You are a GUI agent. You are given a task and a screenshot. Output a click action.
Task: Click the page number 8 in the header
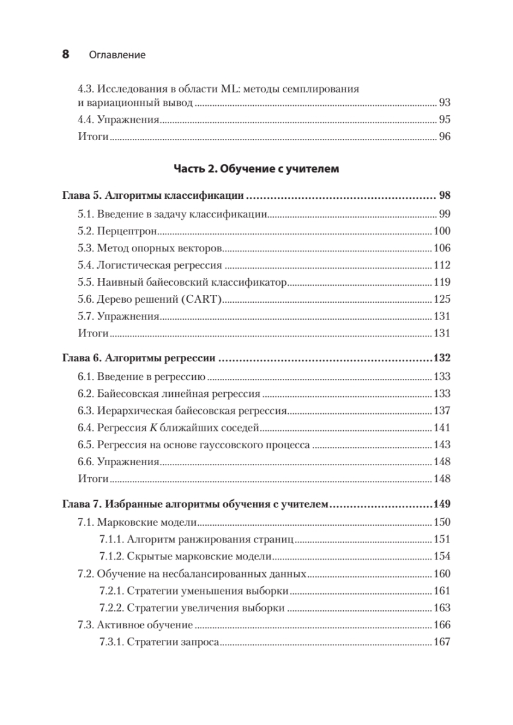[x=66, y=54]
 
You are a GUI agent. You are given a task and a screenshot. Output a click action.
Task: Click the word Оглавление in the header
[x=117, y=55]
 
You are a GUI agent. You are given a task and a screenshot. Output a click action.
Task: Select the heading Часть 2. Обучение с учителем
[x=256, y=169]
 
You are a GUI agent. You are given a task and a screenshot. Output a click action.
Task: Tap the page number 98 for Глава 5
[x=445, y=196]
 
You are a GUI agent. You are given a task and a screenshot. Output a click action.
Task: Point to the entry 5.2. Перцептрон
[x=117, y=231]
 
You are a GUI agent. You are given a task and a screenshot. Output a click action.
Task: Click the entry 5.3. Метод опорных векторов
[x=150, y=248]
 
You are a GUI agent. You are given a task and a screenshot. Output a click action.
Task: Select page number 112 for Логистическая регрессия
[x=442, y=265]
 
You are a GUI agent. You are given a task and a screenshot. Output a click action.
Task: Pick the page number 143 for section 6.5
[x=442, y=445]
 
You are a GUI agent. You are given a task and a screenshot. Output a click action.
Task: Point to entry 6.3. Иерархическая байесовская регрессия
[x=182, y=411]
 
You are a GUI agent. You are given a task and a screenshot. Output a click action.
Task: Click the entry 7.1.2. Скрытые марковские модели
[x=185, y=556]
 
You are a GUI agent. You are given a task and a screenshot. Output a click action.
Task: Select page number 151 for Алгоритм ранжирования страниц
[x=442, y=539]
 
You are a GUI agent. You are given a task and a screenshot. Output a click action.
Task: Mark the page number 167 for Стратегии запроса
[x=442, y=642]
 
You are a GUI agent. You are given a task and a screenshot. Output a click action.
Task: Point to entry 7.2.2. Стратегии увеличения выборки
[x=192, y=608]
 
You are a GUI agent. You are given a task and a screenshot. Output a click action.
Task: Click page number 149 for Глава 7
[x=442, y=504]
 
